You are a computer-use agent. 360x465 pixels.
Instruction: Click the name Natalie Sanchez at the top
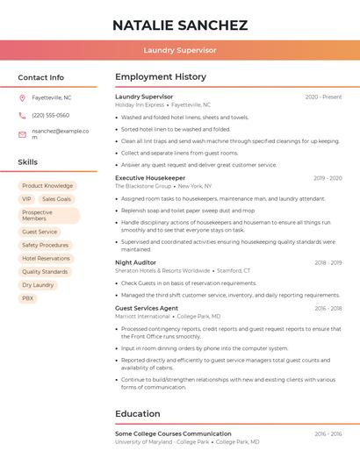click(180, 25)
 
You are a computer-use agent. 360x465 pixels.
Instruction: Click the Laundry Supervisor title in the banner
click(180, 50)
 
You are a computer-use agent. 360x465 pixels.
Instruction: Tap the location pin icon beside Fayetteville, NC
click(22, 97)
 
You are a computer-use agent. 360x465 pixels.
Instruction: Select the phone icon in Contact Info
click(22, 115)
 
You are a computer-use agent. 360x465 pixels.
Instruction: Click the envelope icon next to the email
click(22, 134)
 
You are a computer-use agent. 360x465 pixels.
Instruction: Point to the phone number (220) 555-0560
click(50, 115)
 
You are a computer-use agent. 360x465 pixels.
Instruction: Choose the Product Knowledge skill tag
click(47, 186)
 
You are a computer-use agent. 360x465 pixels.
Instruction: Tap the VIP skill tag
click(26, 199)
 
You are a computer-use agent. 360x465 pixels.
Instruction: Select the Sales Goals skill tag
click(56, 199)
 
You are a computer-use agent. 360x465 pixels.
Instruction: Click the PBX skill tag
click(28, 298)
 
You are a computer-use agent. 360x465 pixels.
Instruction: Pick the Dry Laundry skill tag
click(38, 285)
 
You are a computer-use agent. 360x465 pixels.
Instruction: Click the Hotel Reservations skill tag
click(46, 259)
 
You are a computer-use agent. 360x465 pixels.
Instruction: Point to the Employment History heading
click(161, 77)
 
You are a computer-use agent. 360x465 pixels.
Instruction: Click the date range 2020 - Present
click(323, 97)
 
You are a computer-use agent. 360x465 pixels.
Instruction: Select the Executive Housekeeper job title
click(150, 178)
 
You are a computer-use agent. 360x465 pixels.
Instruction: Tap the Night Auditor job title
click(135, 262)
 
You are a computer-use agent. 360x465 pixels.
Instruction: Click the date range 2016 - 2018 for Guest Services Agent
click(328, 309)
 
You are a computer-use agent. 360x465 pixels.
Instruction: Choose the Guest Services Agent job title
click(147, 309)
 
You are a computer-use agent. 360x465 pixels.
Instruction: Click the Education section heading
click(138, 414)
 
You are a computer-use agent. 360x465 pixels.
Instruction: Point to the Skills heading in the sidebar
click(28, 162)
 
